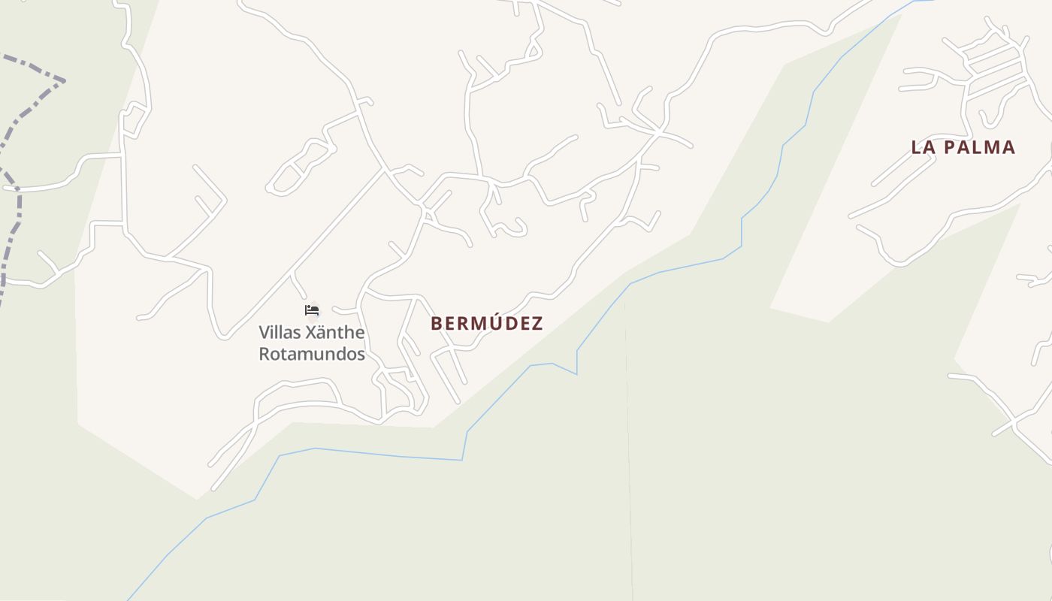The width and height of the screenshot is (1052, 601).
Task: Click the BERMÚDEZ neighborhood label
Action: (486, 324)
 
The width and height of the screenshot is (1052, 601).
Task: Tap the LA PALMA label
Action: (963, 147)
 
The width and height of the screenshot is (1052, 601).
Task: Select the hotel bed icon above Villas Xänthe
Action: (312, 310)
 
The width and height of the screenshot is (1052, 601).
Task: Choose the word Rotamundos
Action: (312, 354)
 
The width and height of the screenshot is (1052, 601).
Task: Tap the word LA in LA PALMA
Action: (923, 147)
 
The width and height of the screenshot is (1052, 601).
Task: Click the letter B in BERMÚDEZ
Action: (437, 324)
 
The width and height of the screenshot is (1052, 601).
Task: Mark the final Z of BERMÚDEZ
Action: (537, 324)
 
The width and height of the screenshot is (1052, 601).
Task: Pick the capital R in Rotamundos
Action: (265, 354)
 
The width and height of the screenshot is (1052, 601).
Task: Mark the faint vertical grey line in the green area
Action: (628, 451)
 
